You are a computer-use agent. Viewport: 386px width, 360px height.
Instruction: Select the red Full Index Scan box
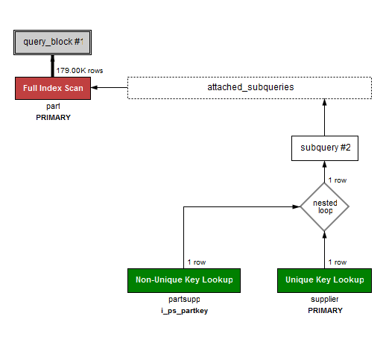[52, 88]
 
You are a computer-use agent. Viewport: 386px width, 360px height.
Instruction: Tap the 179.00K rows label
[80, 70]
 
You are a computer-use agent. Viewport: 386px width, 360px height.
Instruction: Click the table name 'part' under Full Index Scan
[52, 107]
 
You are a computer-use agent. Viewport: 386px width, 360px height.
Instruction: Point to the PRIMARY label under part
[52, 117]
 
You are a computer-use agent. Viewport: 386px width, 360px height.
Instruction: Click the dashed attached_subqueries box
[250, 88]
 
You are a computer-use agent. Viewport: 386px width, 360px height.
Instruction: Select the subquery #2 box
[325, 148]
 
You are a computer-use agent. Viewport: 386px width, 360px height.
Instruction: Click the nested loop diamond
[325, 206]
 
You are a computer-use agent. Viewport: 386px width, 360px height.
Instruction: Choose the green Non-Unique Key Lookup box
[184, 280]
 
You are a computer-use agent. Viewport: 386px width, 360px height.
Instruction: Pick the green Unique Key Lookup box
[325, 280]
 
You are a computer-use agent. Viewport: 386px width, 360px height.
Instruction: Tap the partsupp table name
[184, 300]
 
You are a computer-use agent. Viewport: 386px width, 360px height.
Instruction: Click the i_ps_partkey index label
[184, 310]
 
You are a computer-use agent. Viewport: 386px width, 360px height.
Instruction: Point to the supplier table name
[325, 300]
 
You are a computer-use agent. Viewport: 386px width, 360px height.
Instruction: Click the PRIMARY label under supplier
[325, 310]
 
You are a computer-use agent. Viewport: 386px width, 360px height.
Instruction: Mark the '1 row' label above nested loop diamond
[338, 180]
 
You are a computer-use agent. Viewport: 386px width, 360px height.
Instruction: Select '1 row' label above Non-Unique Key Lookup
[197, 262]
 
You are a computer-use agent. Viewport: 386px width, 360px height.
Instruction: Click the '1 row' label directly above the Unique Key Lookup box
[338, 262]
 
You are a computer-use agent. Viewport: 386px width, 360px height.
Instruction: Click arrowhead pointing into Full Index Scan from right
[95, 88]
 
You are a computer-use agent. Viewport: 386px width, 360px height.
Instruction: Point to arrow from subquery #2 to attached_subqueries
[325, 118]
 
